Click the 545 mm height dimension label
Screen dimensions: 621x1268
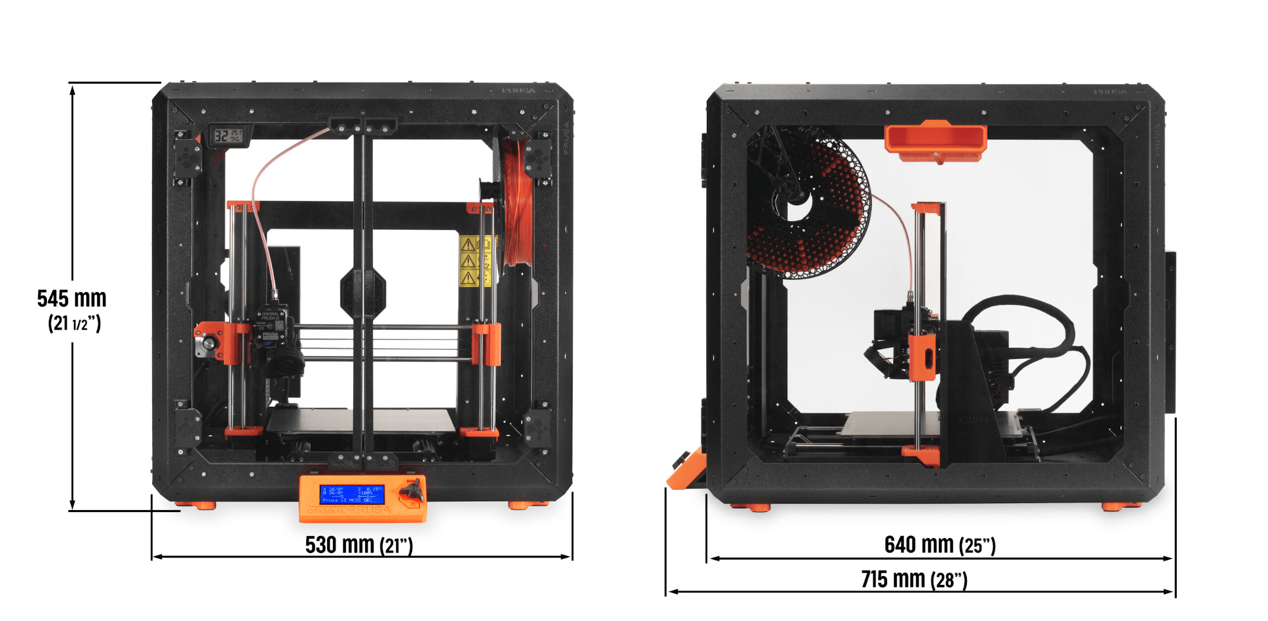72,298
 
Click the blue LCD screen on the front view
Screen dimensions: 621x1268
352,494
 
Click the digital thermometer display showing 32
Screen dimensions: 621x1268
227,136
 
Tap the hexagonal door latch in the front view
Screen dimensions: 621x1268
363,293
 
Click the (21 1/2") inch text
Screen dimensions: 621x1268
74,324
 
